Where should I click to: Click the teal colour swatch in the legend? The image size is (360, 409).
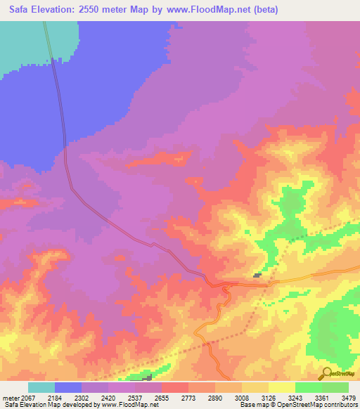pyautogui.click(x=41, y=387)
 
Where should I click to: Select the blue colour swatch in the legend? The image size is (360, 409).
pyautogui.click(x=68, y=387)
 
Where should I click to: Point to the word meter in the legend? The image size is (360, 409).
pyautogui.click(x=11, y=397)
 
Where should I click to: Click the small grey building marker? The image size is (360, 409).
pyautogui.click(x=257, y=275)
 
